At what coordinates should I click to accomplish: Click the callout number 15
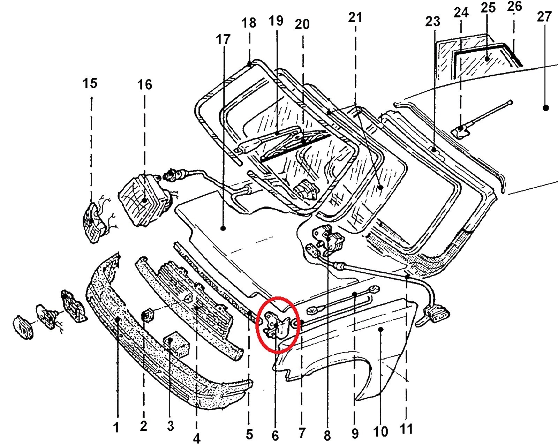[x=90, y=84]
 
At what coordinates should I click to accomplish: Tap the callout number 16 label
[x=145, y=85]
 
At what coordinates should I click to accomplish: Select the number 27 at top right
[x=544, y=17]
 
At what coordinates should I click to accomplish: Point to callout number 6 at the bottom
[x=275, y=435]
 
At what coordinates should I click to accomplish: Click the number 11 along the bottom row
[x=406, y=429]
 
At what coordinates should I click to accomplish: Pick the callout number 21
[x=355, y=17]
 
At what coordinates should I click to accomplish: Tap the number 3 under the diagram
[x=170, y=426]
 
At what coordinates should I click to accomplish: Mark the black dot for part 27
[x=546, y=108]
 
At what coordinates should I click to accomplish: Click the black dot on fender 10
[x=381, y=329]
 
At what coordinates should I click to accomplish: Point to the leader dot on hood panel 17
[x=223, y=228]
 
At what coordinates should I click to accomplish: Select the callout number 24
[x=461, y=13]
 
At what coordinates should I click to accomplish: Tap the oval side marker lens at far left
[x=23, y=327]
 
